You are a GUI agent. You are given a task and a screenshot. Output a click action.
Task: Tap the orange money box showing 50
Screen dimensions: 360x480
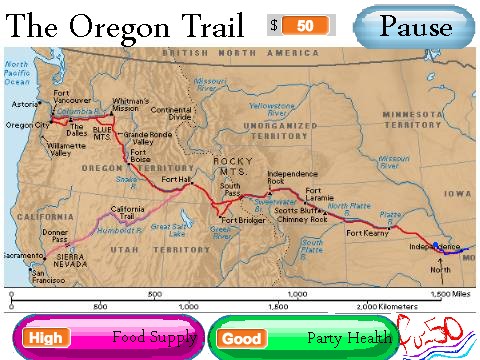(x=305, y=25)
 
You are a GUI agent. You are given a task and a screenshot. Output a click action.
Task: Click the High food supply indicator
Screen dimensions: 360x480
(x=45, y=338)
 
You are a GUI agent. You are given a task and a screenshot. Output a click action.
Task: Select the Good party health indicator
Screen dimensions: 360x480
(x=241, y=338)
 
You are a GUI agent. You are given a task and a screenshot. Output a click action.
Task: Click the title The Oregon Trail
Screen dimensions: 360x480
(x=127, y=23)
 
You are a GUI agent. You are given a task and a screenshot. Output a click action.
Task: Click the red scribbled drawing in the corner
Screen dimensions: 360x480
(x=437, y=333)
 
